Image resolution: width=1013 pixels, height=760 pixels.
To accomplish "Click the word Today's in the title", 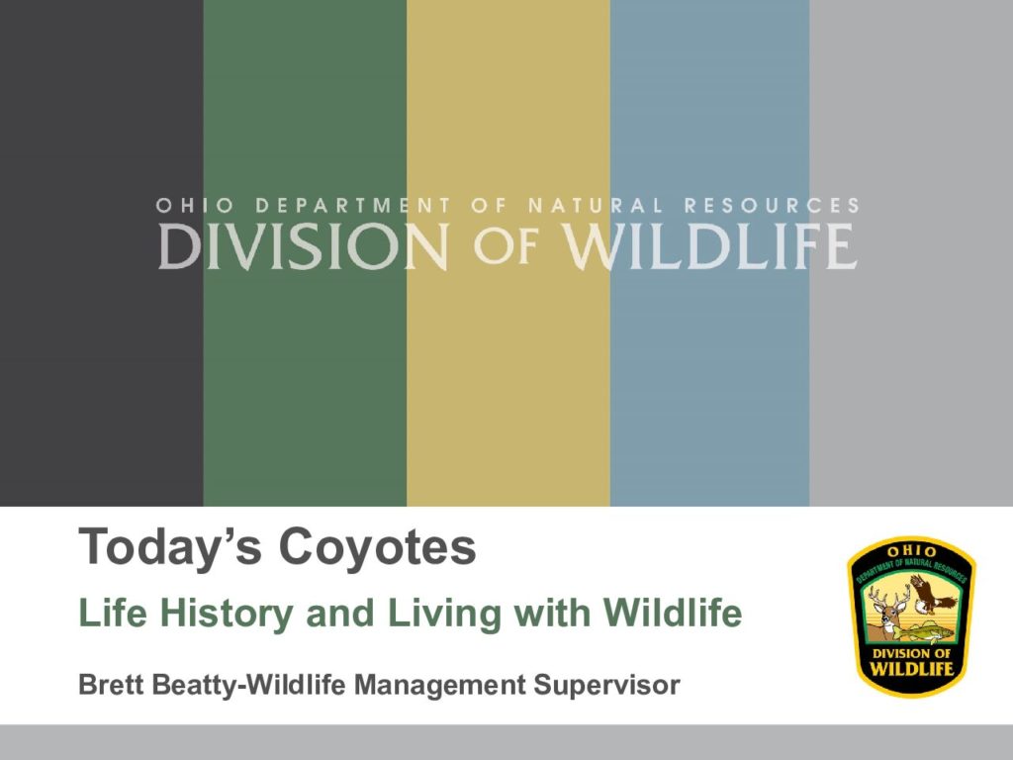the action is tap(170, 546).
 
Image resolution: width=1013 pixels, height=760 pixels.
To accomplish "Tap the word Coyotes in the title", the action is tap(378, 546).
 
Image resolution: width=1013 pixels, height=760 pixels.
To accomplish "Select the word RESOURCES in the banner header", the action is tap(772, 206).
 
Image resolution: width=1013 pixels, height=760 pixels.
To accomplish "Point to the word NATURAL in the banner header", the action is tap(596, 206).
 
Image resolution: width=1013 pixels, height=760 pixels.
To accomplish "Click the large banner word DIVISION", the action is tap(304, 246).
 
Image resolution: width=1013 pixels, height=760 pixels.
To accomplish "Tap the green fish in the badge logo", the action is tap(927, 631).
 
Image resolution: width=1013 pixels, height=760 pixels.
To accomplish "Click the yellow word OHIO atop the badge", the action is tap(911, 551).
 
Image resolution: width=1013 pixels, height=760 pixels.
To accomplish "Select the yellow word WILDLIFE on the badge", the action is tap(911, 668).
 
